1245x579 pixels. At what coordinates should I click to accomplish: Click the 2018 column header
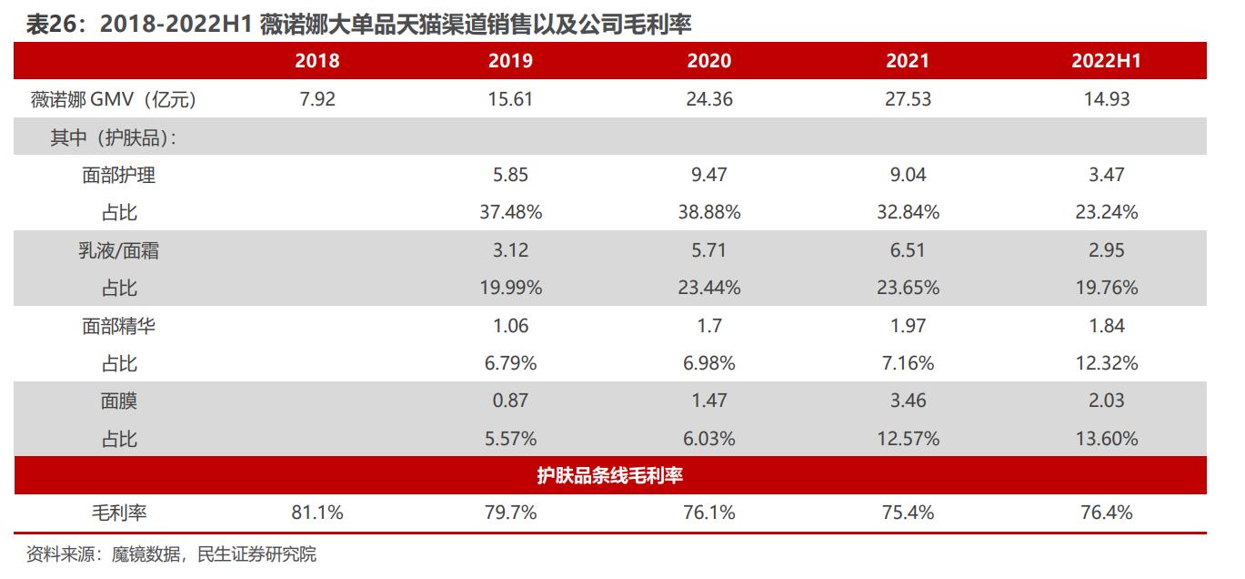pos(317,61)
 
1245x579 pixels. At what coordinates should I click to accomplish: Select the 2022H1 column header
pos(1106,61)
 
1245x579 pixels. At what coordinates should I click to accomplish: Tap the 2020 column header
pos(708,61)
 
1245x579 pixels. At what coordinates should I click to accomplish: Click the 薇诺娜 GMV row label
pos(114,99)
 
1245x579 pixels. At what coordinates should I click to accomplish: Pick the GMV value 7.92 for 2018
pos(317,99)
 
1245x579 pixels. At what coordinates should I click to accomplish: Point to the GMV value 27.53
pos(908,99)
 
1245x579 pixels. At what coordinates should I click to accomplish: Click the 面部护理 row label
pos(119,175)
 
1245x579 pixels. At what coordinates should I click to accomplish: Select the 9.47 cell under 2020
pos(708,175)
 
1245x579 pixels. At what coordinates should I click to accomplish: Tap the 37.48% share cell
pos(510,212)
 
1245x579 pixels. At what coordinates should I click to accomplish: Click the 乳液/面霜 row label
pos(119,250)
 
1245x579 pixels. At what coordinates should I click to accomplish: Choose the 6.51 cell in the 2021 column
pos(908,250)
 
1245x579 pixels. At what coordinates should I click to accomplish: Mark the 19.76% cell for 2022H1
pos(1106,288)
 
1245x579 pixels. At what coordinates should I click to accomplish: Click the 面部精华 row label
pos(119,326)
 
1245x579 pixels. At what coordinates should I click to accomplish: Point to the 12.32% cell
pos(1106,363)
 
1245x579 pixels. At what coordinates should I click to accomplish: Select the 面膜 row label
pos(119,401)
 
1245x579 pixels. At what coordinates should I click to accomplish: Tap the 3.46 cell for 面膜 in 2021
pos(908,401)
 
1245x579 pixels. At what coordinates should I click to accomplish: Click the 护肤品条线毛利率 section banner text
pos(610,475)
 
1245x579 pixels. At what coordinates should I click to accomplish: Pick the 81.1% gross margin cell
pos(317,513)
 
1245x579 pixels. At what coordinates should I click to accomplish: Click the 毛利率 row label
pos(119,513)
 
